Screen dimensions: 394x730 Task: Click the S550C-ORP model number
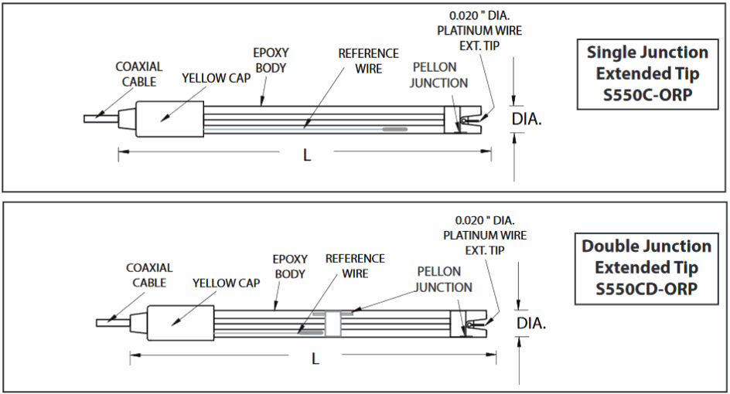point(647,96)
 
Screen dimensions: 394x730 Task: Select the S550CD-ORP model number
point(646,290)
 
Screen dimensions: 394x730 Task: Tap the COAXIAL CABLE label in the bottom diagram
point(149,275)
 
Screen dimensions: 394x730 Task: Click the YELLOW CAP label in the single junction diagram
point(214,78)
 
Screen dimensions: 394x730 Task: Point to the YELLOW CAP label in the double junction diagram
point(226,283)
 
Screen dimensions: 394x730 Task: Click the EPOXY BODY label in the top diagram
point(271,60)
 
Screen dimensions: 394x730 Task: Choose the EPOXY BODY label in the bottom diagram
point(290,267)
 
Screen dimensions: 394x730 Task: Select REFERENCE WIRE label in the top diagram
point(369,61)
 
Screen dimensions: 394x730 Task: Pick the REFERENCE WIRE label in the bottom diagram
point(355,266)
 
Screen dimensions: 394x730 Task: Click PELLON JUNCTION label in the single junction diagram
point(438,75)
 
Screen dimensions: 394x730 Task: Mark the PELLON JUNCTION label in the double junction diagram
point(443,280)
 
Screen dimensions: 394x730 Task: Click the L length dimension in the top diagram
point(307,155)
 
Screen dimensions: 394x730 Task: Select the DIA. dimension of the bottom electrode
point(531,323)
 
